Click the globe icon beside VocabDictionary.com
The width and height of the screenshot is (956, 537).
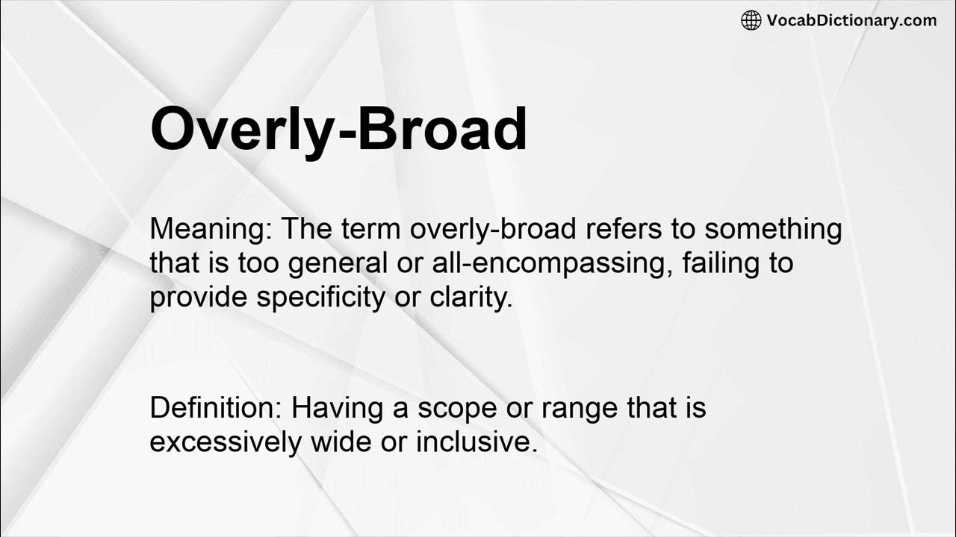[751, 21]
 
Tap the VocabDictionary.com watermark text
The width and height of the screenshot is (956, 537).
[851, 21]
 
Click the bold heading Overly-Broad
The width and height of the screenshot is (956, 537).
[338, 130]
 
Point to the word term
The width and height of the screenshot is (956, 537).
[373, 230]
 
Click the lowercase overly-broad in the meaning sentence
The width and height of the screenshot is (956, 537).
[493, 230]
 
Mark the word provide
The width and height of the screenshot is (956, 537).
[199, 297]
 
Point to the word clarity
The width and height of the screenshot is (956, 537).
[474, 297]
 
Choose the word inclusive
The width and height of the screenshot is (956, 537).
[477, 442]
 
